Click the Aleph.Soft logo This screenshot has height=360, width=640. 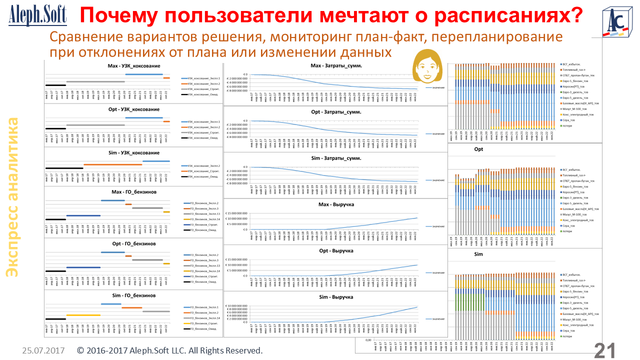coord(37,16)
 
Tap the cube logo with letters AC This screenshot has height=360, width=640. coord(617,21)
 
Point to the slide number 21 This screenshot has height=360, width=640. coord(605,350)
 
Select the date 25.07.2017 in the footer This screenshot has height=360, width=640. coord(43,351)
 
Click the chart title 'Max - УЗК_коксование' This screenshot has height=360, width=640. coord(133,66)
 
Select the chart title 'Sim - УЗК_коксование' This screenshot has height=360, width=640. coord(133,152)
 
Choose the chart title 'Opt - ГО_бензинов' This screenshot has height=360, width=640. coord(133,243)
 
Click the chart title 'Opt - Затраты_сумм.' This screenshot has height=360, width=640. coord(336,111)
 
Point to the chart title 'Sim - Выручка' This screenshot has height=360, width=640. coord(336,297)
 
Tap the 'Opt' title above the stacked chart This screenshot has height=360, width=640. coord(478,149)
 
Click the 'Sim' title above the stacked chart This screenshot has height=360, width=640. coord(478,254)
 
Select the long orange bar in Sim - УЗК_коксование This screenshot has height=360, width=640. coord(112,164)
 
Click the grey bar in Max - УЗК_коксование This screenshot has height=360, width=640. coord(95,81)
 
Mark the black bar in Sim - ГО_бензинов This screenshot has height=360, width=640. coord(55,319)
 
